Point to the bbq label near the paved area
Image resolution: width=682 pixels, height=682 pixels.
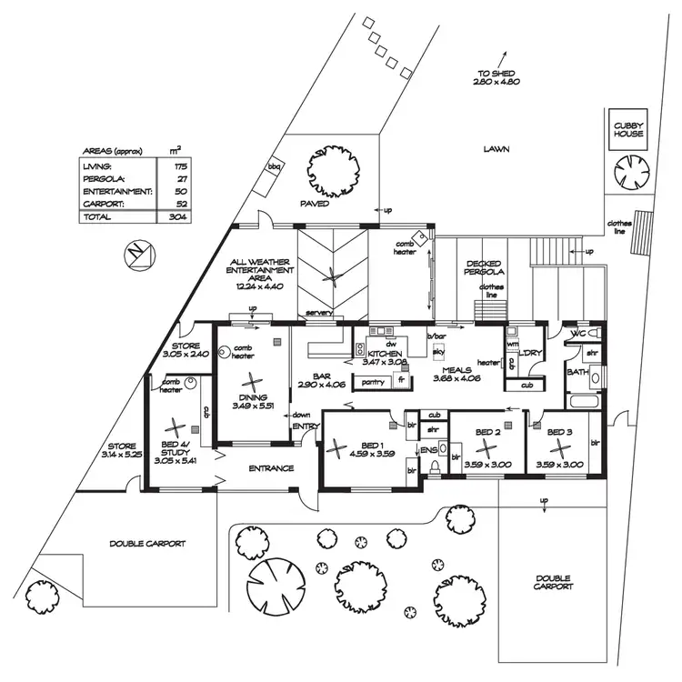click(x=272, y=167)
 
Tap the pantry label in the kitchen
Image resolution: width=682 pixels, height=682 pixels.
click(x=373, y=383)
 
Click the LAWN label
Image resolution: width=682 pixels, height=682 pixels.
click(x=496, y=148)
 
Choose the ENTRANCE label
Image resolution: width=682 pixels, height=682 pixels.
click(x=270, y=468)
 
